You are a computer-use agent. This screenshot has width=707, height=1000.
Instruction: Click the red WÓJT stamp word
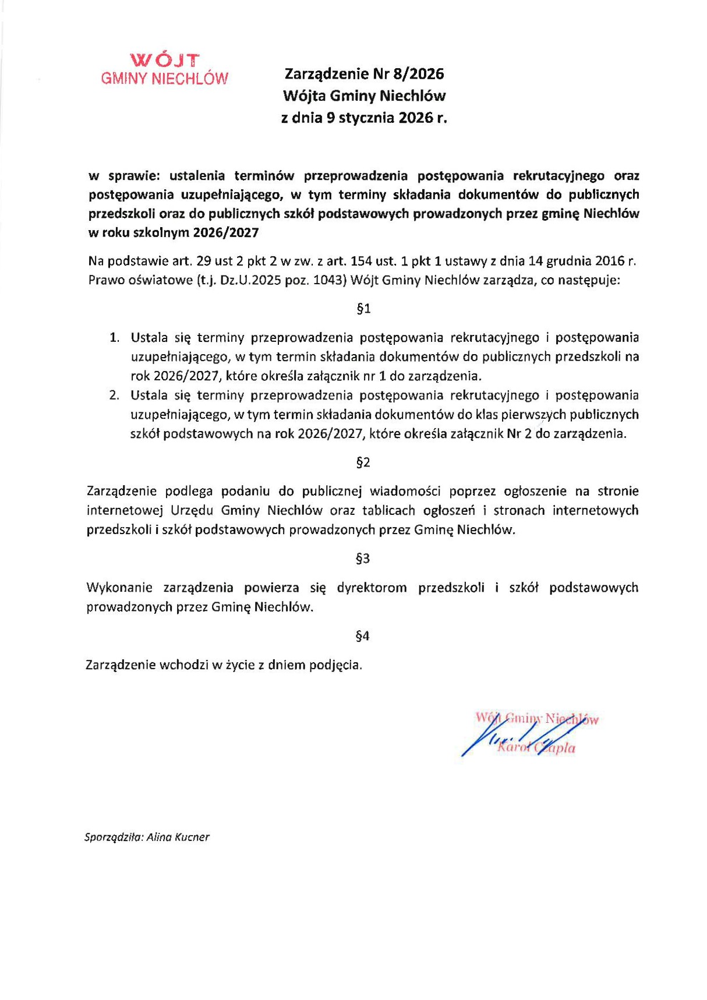point(165,60)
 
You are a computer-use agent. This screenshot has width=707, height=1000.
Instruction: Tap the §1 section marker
point(363,309)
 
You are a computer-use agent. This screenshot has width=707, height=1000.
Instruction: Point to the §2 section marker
point(363,462)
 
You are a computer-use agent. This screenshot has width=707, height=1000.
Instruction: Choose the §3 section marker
point(362,559)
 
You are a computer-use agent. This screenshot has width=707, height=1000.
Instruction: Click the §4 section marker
point(362,636)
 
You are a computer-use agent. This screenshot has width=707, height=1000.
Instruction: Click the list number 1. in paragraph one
point(115,337)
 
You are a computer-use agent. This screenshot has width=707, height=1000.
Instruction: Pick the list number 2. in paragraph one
point(114,395)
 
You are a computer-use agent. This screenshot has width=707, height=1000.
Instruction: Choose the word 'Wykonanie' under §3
point(119,587)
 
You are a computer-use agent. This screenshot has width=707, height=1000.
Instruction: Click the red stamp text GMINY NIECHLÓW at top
point(165,79)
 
